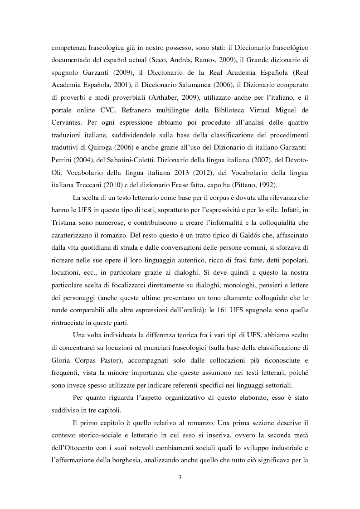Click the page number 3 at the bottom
[x=180, y=477]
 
